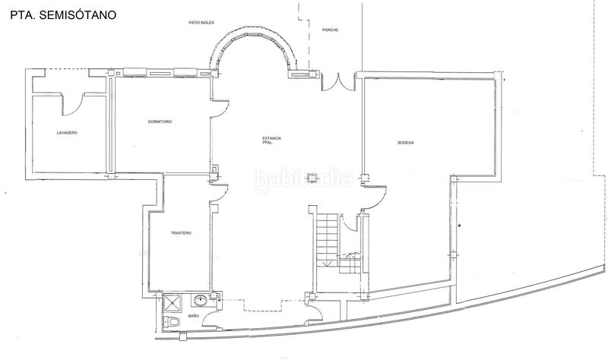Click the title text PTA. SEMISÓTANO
(x=63, y=15)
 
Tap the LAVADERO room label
(x=67, y=133)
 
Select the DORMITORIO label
(x=160, y=122)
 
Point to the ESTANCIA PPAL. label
(x=271, y=141)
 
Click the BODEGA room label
(x=406, y=143)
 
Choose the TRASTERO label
(x=181, y=233)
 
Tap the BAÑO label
(x=194, y=316)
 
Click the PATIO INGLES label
(x=201, y=23)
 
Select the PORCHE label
(x=330, y=30)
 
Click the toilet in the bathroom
(x=172, y=321)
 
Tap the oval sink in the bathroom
(x=201, y=299)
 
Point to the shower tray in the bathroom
(x=172, y=303)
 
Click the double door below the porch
(x=338, y=83)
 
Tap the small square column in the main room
(x=311, y=178)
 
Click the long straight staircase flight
(x=328, y=240)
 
